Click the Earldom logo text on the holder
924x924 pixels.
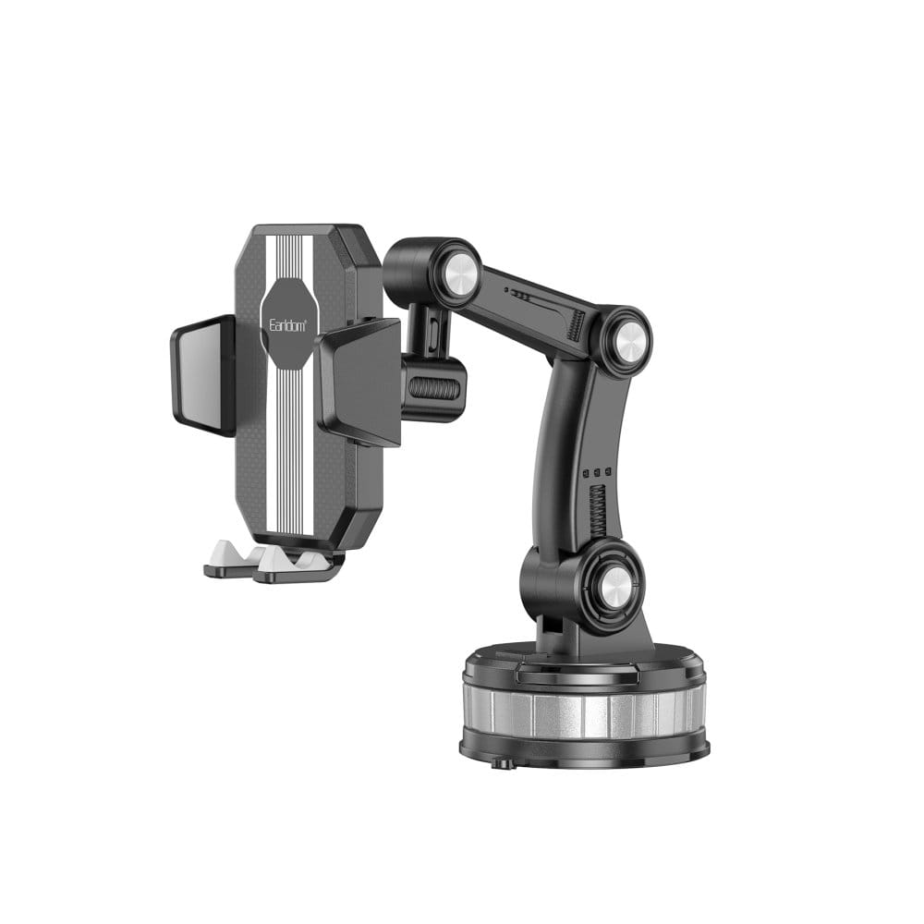pyautogui.click(x=287, y=325)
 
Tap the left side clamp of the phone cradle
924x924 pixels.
pyautogui.click(x=202, y=375)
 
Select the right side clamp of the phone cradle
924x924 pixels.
pyautogui.click(x=359, y=382)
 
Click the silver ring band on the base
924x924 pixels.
pyautogui.click(x=584, y=711)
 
